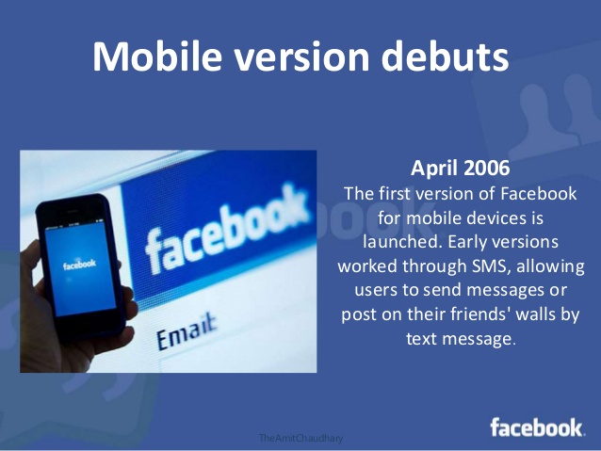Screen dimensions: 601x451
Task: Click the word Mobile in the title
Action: point(157,56)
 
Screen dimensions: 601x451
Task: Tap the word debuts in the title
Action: point(445,56)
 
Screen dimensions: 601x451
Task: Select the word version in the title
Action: point(301,57)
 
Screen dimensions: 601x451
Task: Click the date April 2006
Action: point(460,168)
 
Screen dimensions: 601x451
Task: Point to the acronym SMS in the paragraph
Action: point(490,266)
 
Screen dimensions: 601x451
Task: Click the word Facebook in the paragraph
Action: point(539,194)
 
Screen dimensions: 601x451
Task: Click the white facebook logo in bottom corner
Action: point(537,427)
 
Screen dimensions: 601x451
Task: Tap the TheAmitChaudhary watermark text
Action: point(300,438)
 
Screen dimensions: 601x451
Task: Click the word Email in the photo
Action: point(187,332)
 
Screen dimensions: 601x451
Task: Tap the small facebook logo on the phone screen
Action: point(79,265)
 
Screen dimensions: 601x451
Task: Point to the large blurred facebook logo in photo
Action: point(226,230)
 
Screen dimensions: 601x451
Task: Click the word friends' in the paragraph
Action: point(479,314)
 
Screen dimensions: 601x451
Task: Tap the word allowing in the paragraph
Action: point(550,266)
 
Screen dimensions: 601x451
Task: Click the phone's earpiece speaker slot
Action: point(73,211)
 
